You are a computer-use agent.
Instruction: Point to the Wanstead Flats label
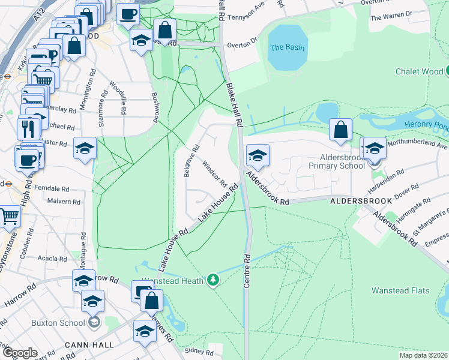click(400, 290)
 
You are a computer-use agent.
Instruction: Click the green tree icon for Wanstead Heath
click(212, 280)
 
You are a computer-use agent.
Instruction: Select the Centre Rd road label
click(247, 270)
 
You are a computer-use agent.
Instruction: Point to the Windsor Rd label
click(214, 173)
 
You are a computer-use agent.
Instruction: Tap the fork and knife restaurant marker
click(29, 128)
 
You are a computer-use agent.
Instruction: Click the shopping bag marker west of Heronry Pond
click(340, 130)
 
